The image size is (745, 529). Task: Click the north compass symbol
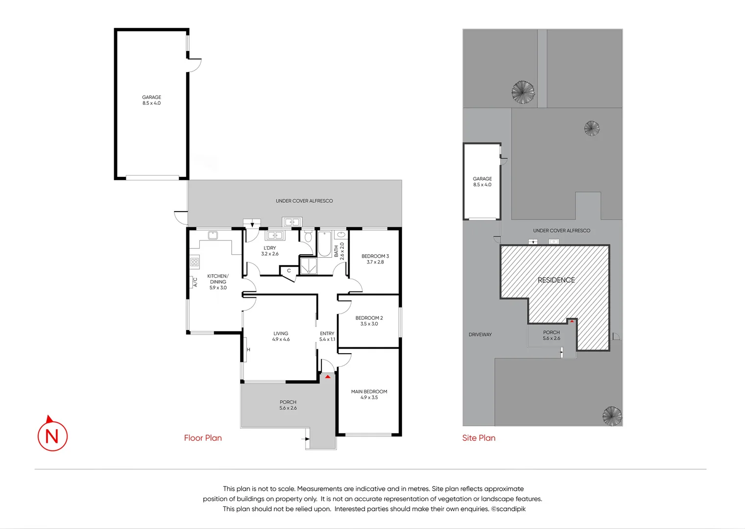click(x=52, y=434)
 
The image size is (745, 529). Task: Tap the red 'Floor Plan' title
click(x=203, y=438)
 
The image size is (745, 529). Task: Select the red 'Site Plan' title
click(x=479, y=438)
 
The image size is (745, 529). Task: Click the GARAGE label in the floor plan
click(x=151, y=100)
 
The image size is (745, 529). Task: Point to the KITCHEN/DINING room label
click(x=218, y=282)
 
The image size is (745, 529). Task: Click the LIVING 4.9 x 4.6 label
click(x=281, y=336)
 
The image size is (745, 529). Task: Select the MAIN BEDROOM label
click(x=369, y=394)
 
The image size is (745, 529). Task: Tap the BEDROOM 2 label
click(x=369, y=321)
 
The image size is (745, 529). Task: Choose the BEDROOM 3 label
click(x=375, y=259)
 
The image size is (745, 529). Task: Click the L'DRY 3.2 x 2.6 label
click(x=269, y=251)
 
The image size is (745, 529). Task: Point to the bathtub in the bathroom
click(x=324, y=244)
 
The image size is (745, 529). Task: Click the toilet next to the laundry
click(x=308, y=237)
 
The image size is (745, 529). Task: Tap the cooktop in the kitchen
click(x=194, y=262)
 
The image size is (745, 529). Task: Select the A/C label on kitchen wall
click(x=194, y=282)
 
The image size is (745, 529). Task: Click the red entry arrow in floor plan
click(x=328, y=377)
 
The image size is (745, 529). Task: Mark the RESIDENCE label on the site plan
click(x=556, y=280)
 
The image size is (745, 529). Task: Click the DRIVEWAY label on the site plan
click(x=480, y=335)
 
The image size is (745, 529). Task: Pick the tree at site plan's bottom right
click(x=612, y=416)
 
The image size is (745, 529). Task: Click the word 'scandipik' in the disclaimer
click(x=511, y=509)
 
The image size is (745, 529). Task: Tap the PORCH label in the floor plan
click(x=288, y=405)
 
